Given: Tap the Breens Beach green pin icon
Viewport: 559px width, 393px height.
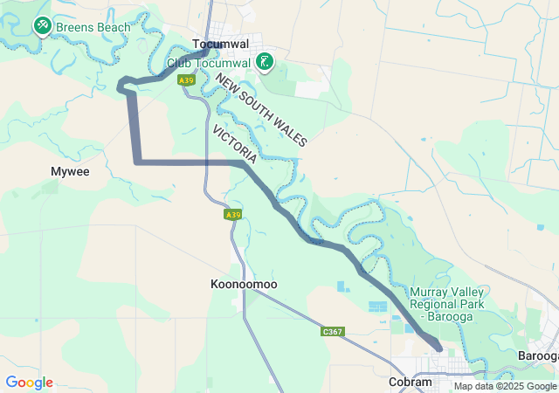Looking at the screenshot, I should (x=41, y=27).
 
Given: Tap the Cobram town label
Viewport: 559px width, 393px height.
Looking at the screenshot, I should (x=411, y=383).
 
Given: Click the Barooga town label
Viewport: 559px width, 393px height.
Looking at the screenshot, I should (x=537, y=355).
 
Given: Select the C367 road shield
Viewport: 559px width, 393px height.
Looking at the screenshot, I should (x=332, y=332).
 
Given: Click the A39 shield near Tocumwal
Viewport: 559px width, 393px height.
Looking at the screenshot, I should (x=185, y=80).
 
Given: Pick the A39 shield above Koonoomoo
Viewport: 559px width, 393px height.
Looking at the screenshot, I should (x=231, y=214).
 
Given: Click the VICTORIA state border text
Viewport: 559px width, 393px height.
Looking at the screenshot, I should (x=234, y=144).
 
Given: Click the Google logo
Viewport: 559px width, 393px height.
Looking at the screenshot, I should (x=29, y=383).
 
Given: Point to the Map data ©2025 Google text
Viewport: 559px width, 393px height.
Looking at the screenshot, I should (x=505, y=386).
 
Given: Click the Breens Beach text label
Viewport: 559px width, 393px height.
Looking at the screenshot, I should (x=93, y=27).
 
